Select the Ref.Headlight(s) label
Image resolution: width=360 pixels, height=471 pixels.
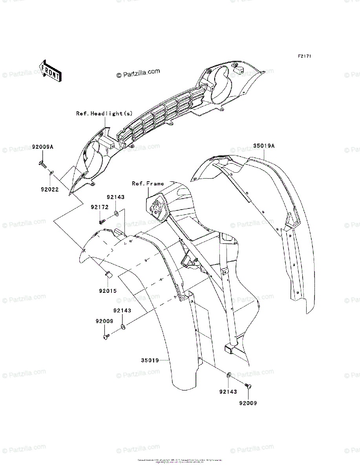coord(104,113)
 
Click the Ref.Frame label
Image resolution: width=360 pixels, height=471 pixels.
coord(148,183)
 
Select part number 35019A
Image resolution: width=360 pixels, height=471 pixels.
coord(264,146)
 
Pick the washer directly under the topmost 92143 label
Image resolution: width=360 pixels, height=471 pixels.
coord(117,214)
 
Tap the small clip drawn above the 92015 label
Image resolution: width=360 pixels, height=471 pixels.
coord(108,274)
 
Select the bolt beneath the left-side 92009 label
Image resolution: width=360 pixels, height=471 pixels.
coord(106,336)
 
